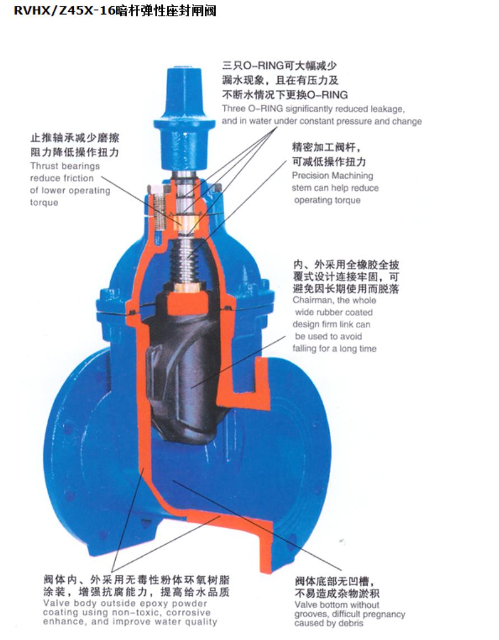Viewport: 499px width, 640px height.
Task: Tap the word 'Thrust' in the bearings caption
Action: tap(44, 166)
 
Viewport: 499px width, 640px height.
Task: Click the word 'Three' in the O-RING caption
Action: tap(234, 109)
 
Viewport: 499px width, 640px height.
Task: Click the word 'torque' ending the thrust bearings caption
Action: tap(44, 203)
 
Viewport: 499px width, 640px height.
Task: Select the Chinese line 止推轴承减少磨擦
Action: tap(74, 138)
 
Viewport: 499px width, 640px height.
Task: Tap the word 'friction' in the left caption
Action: tap(78, 178)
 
